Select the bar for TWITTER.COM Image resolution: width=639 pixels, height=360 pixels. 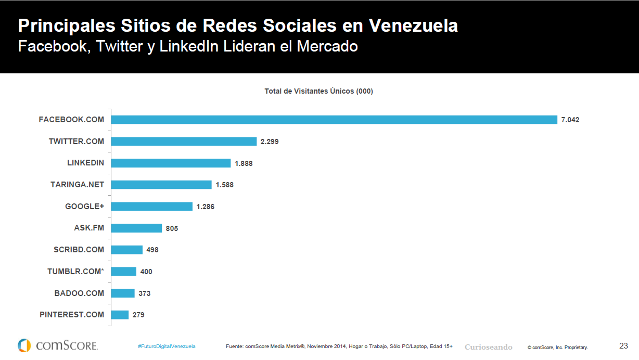pos(184,142)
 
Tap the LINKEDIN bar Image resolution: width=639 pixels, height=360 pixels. pos(171,163)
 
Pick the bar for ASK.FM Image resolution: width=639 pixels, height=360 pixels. pos(136,228)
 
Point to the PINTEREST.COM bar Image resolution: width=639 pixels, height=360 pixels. pos(120,315)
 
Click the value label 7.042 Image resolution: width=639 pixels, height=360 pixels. pos(570,120)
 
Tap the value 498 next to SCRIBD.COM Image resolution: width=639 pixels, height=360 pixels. pos(152,250)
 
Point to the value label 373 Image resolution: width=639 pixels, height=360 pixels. pos(145,293)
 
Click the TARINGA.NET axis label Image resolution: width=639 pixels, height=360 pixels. pos(77,185)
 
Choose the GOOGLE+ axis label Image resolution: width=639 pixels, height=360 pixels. pos(84,207)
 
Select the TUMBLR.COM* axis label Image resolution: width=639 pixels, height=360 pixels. pos(75,272)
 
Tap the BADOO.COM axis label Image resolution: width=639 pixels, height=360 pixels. pos(79,293)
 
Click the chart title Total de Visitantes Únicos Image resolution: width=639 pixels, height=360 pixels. pos(318,91)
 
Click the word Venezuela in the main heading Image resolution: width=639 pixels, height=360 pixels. pos(414,25)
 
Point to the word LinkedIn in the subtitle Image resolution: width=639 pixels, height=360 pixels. pos(189,46)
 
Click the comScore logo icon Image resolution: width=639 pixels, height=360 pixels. pos(24,345)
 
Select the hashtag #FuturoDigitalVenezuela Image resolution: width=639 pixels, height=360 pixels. pos(167,346)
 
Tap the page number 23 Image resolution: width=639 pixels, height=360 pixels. pos(623,345)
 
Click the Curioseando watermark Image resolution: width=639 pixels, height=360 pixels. pos(488,347)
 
